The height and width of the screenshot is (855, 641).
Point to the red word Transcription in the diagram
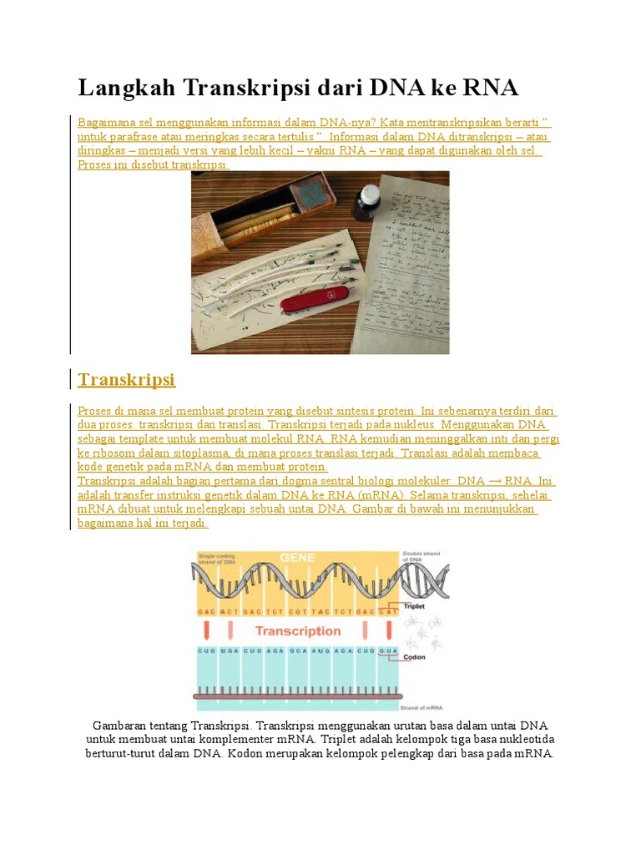pos(297,630)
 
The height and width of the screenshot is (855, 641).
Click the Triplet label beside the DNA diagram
pos(414,606)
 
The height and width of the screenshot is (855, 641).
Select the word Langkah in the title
pos(125,89)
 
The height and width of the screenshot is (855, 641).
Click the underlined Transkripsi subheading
pos(126,380)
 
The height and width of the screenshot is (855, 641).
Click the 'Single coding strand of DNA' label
pos(216,558)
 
